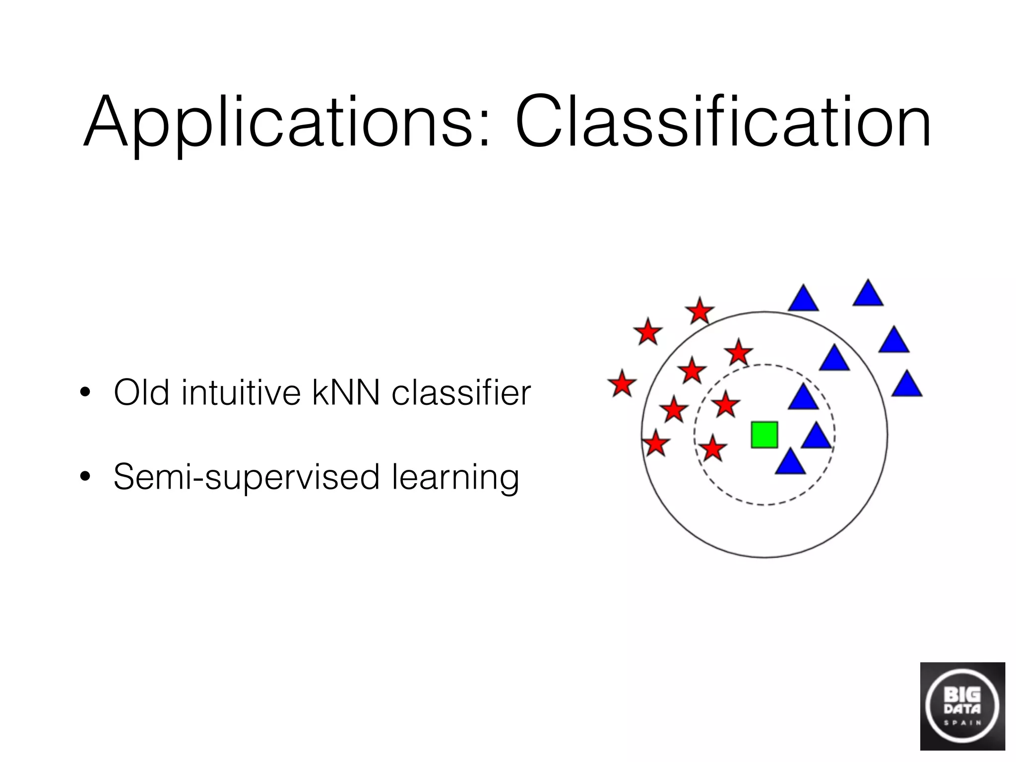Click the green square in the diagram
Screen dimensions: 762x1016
(x=764, y=435)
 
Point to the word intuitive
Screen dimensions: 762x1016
(x=241, y=392)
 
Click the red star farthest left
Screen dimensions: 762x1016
(x=622, y=384)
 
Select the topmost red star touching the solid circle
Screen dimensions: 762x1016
(x=699, y=312)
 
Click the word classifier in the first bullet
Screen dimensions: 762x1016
(x=461, y=392)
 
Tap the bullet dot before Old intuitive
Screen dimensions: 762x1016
(x=85, y=392)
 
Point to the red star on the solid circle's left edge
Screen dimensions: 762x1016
(x=656, y=444)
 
